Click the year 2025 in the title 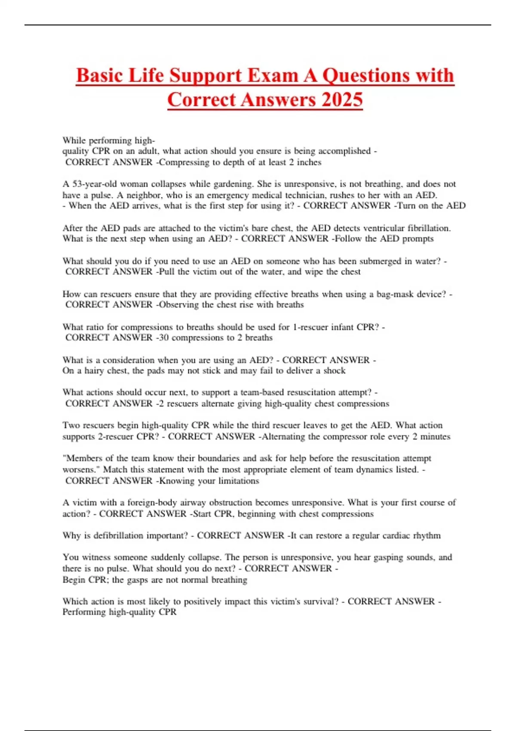tap(342, 100)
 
